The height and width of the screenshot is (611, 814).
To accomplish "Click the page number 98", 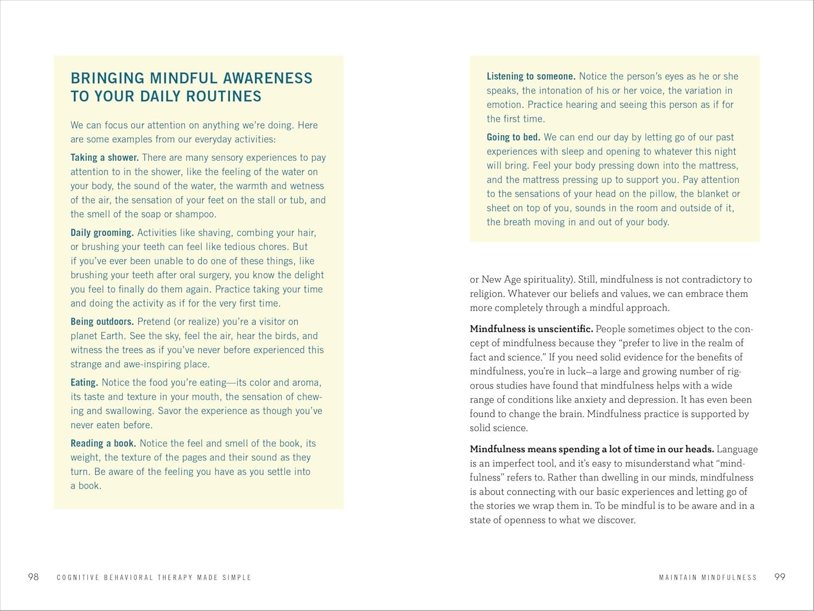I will point(34,577).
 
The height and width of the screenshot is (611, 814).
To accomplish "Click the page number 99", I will point(780,577).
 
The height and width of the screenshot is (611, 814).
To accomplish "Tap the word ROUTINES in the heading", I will point(224,97).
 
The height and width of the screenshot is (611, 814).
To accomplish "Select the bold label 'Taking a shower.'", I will point(105,158).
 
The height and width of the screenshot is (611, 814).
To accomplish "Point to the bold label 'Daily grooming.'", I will point(102,232).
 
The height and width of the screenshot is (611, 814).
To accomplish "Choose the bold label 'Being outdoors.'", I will point(102,322).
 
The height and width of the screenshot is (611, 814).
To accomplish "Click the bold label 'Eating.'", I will point(84,382).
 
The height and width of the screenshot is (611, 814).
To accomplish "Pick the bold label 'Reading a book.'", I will point(103,443).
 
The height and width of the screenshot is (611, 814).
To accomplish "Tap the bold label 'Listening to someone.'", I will point(531,77).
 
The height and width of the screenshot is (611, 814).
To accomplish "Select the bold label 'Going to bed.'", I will point(513,137).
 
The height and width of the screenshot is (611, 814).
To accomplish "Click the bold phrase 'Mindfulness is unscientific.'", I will point(531,329).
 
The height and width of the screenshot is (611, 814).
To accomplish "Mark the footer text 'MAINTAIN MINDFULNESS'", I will point(708,577).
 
